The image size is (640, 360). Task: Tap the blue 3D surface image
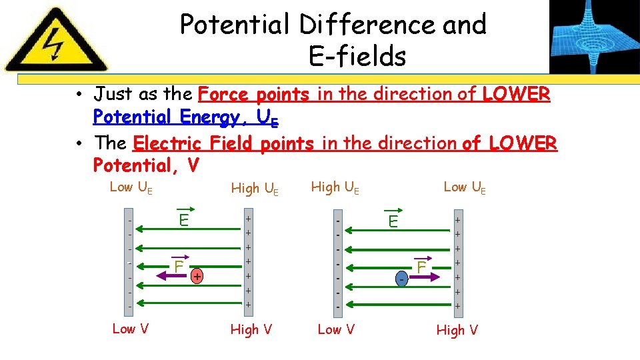[593, 36]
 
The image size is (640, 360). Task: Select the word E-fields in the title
[357, 57]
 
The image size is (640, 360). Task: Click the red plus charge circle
[198, 275]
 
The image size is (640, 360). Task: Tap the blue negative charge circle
[402, 278]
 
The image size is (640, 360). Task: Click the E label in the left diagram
[183, 219]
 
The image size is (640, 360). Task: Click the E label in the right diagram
[393, 221]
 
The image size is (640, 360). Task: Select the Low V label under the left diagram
[131, 328]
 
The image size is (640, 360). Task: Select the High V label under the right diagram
[457, 329]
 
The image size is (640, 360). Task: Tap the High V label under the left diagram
[251, 329]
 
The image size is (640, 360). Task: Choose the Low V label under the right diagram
[336, 329]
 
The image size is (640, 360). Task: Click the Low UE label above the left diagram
[131, 187]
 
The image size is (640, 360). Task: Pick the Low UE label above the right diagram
[465, 187]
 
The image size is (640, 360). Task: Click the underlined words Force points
[254, 94]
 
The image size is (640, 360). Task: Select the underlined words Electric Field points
[223, 143]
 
